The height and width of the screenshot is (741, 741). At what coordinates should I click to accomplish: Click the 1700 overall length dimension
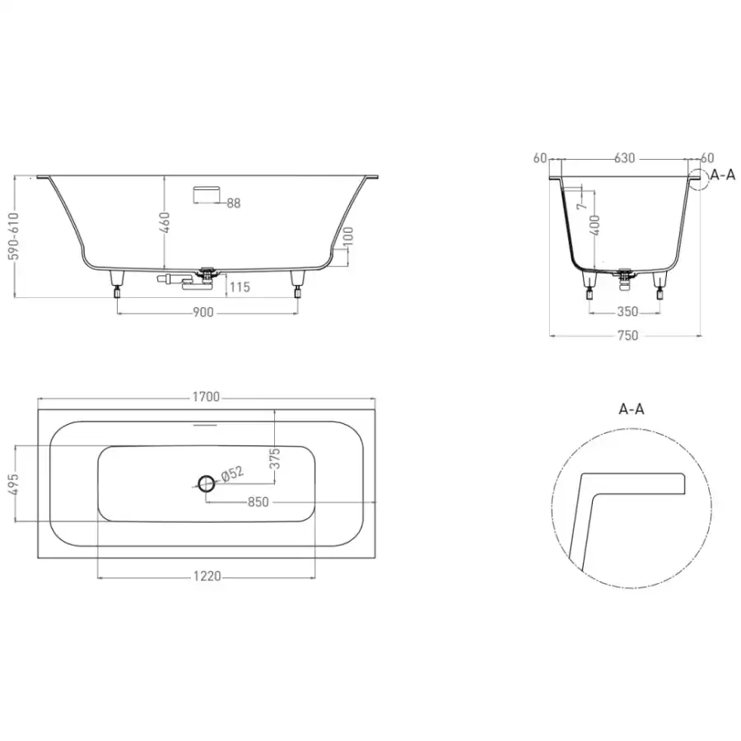pyautogui.click(x=206, y=397)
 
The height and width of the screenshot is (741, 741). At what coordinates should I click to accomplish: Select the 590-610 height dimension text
pyautogui.click(x=14, y=236)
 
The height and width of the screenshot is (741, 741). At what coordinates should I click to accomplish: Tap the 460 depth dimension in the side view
pyautogui.click(x=164, y=222)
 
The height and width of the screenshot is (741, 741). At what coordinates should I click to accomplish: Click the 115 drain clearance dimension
pyautogui.click(x=240, y=287)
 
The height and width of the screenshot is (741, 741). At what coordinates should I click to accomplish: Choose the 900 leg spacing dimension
pyautogui.click(x=203, y=312)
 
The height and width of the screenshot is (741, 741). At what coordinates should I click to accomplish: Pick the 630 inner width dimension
pyautogui.click(x=624, y=158)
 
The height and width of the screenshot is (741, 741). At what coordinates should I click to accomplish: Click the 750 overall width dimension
pyautogui.click(x=627, y=336)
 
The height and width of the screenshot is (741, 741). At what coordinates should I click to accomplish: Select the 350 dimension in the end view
pyautogui.click(x=627, y=312)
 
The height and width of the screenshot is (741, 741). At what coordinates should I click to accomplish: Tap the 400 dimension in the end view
pyautogui.click(x=595, y=225)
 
